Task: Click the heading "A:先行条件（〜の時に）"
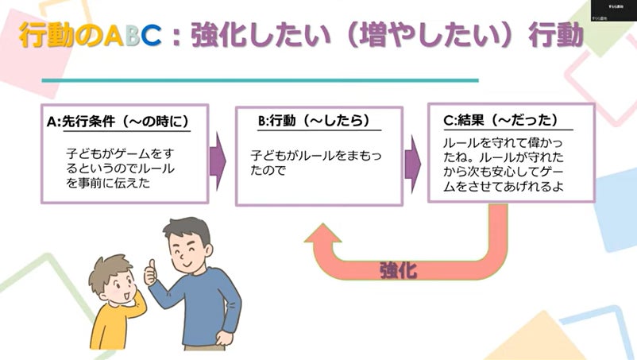[x=118, y=121]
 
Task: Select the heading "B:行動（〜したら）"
[x=314, y=121]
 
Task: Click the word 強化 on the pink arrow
[x=399, y=269]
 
